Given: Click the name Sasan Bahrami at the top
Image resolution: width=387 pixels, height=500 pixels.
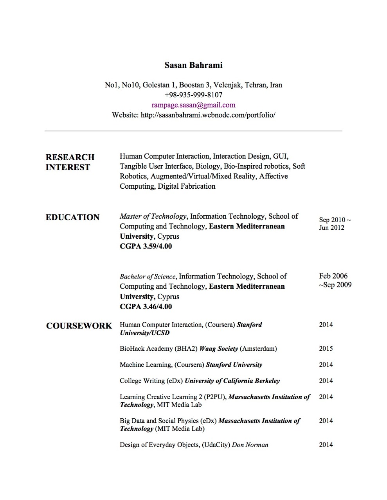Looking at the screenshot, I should (x=193, y=65).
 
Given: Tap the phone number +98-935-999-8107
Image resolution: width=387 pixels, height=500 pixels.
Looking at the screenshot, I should (x=193, y=95).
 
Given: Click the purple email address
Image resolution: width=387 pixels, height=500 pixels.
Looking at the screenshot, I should (x=193, y=105).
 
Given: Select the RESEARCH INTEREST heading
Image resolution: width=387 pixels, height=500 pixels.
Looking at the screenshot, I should (x=70, y=162).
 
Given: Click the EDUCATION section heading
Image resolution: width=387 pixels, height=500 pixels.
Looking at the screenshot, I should (x=72, y=217).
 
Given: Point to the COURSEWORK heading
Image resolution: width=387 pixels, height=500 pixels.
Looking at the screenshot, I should (x=79, y=326).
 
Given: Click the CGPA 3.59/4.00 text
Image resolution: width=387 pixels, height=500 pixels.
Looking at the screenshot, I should (x=146, y=246).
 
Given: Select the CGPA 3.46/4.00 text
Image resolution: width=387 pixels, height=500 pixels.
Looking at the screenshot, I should (x=146, y=307).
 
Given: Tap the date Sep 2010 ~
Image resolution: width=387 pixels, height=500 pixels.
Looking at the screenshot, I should (x=335, y=220).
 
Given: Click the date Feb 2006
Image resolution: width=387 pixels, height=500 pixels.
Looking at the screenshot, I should (x=333, y=276).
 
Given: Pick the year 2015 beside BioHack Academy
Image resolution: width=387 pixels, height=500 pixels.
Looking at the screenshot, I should (x=326, y=348).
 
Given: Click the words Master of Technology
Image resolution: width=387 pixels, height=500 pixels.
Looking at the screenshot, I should (x=153, y=216).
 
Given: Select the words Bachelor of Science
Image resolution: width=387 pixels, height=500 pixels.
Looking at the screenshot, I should (x=148, y=277).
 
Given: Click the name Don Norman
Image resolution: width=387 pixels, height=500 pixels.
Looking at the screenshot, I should (x=250, y=445).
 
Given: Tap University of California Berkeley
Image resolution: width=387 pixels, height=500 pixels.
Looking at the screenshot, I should (x=232, y=380).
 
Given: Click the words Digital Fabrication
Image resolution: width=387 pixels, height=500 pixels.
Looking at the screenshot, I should (x=186, y=186).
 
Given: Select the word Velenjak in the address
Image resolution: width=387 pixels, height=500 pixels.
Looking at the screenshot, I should (x=227, y=85).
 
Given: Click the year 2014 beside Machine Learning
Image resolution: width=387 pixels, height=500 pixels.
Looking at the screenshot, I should (x=326, y=364).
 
